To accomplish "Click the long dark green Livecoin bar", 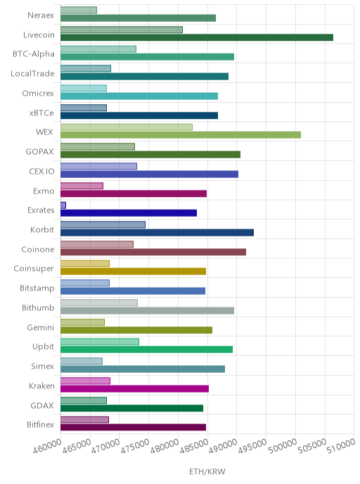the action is (197, 38).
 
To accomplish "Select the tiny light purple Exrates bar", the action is (63, 205).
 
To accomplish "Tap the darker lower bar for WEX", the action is (181, 135).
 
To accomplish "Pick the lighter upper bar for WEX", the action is (127, 127).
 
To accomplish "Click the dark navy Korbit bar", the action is (157, 233).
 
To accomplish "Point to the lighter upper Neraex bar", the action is (79, 10).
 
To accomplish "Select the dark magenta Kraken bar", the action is (134, 389).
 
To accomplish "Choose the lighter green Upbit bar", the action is (100, 342).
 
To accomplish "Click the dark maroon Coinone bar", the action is (153, 252).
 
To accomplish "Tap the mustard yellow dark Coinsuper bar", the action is (134, 272).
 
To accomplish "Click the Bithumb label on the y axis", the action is (38, 307).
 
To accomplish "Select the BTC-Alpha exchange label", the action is (34, 54).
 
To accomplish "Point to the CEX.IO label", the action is (41, 172).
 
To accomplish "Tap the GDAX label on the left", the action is (42, 406).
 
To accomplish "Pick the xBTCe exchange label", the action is (41, 113).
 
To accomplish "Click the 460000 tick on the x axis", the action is (47, 446).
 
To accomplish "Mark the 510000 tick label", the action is (341, 446).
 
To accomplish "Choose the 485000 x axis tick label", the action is (194, 446).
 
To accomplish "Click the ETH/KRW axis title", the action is (207, 471).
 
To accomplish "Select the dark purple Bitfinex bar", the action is (134, 428).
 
